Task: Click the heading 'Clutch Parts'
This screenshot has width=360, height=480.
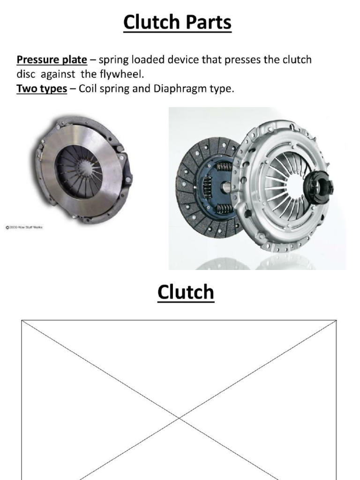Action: click(177, 22)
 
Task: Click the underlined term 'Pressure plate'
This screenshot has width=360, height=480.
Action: click(52, 60)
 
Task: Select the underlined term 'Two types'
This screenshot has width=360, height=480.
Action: click(42, 89)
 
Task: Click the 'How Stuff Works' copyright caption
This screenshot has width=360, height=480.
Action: click(24, 228)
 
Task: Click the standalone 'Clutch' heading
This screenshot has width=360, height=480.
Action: click(186, 292)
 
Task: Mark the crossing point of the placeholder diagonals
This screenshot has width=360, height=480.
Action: click(179, 416)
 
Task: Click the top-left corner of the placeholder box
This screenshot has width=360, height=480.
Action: click(22, 321)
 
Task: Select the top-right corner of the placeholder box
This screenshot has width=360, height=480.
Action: click(337, 321)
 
